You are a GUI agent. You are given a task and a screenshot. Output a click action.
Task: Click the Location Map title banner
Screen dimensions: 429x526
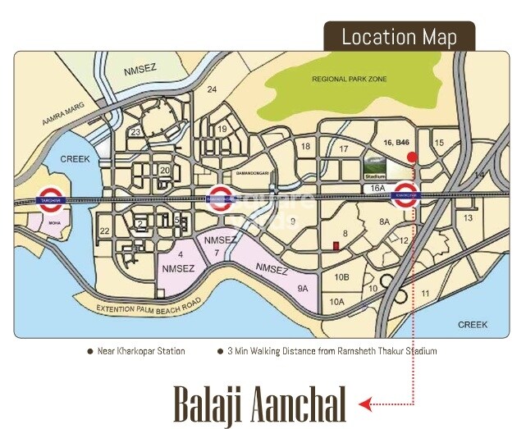pos(398,37)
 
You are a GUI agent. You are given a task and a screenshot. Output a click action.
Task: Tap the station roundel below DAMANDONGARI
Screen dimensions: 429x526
pos(218,199)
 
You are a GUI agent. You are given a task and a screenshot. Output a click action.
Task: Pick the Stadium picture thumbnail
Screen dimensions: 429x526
pos(376,169)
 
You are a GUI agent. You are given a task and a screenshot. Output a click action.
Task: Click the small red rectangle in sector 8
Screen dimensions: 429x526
pos(335,245)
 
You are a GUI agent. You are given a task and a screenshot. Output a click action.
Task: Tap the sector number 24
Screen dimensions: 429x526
pos(213,89)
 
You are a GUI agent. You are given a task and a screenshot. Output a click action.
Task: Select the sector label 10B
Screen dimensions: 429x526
pos(341,278)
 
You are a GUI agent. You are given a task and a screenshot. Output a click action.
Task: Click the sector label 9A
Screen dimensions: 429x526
pos(302,288)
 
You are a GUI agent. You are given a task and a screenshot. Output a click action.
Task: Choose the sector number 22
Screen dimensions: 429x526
pos(105,231)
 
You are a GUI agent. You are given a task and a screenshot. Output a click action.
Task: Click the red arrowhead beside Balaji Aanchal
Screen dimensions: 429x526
pos(366,403)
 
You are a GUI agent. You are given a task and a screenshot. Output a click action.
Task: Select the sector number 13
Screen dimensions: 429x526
pos(468,217)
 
